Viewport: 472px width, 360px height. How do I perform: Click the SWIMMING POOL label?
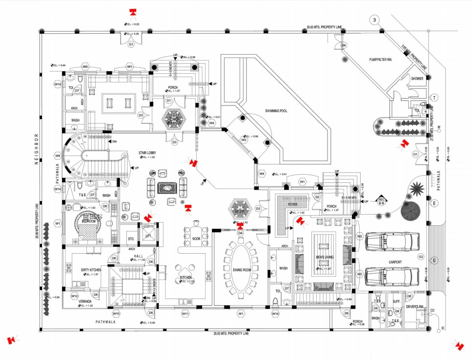pyautogui.click(x=276, y=111)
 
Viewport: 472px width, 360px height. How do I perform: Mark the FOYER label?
pyautogui.click(x=292, y=205)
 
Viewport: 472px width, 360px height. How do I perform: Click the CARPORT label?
pyautogui.click(x=395, y=262)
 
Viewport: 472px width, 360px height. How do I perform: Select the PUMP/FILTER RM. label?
pyautogui.click(x=382, y=60)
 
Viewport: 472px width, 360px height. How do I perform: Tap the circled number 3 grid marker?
pyautogui.click(x=374, y=20)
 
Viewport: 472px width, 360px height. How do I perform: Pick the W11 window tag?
pyautogui.click(x=185, y=314)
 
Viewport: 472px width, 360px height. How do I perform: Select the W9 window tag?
pyautogui.click(x=58, y=156)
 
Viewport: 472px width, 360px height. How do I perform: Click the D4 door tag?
pyautogui.click(x=240, y=233)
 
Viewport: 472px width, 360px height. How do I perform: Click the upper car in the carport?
pyautogui.click(x=392, y=241)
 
